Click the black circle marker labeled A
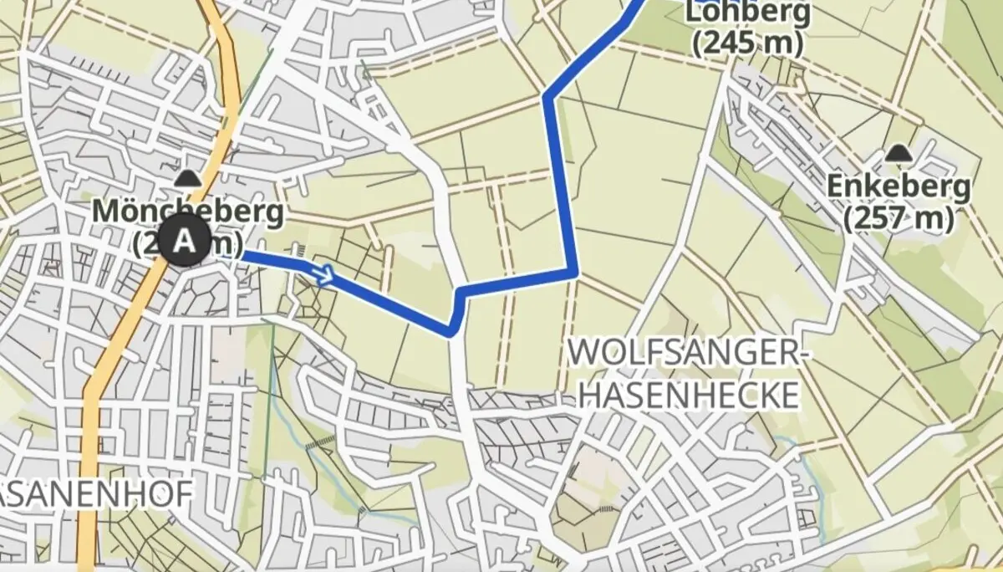(186, 242)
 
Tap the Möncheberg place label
(188, 212)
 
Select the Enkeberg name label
(899, 187)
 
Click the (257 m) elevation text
(899, 219)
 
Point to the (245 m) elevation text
(747, 43)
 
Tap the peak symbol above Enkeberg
(899, 153)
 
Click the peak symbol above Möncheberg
(186, 178)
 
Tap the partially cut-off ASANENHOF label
(96, 493)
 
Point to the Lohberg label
(747, 12)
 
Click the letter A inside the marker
(186, 242)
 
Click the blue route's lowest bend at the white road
(451, 330)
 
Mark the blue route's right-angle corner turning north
(574, 272)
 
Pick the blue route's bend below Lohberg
(547, 96)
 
